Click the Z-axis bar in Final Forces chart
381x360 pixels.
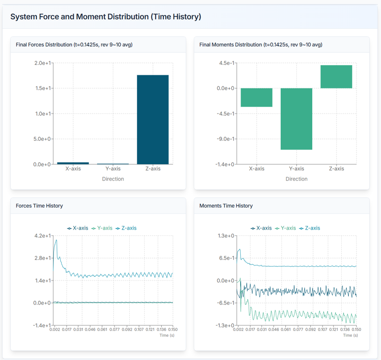click(153, 119)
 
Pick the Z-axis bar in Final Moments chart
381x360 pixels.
click(336, 77)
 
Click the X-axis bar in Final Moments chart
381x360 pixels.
click(256, 97)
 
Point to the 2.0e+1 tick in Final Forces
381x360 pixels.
click(43, 63)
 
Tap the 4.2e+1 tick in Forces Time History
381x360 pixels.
click(43, 236)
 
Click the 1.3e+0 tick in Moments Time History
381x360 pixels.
click(226, 236)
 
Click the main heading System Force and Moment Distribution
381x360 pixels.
click(105, 17)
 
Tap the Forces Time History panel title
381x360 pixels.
click(39, 206)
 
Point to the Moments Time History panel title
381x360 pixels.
click(226, 206)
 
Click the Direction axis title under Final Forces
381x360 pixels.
click(113, 179)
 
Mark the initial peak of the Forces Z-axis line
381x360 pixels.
click(56, 240)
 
